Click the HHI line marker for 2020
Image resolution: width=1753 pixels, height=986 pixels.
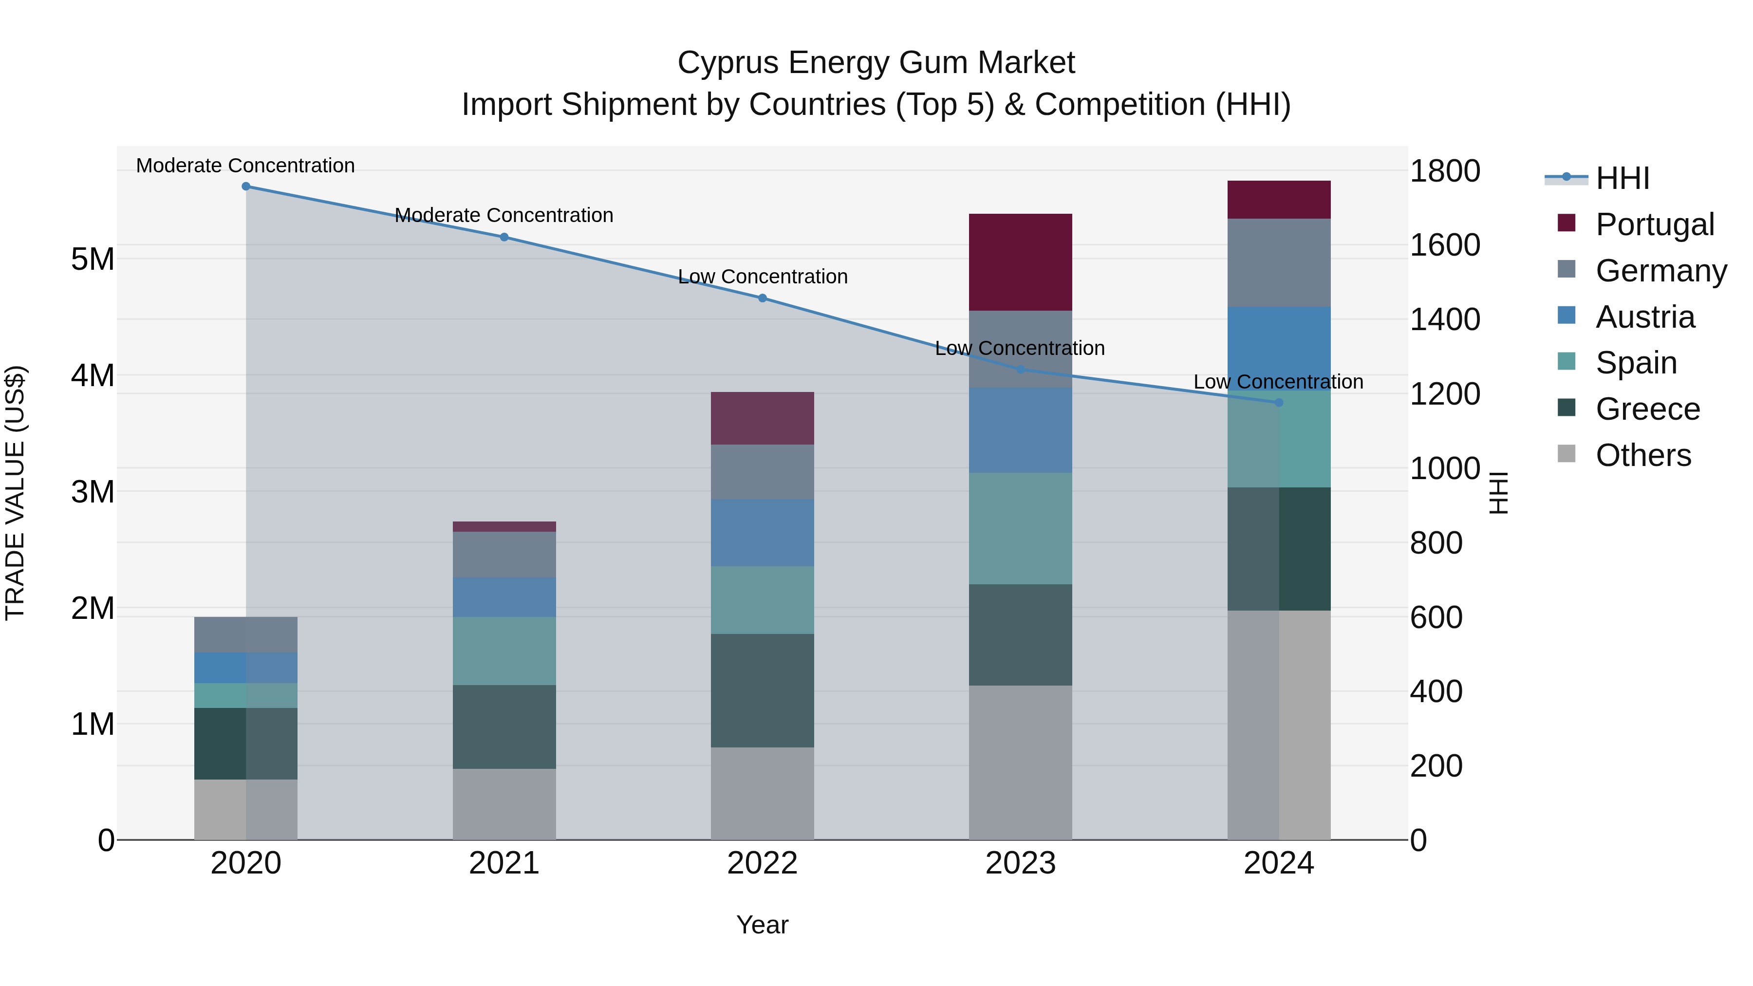pyautogui.click(x=246, y=186)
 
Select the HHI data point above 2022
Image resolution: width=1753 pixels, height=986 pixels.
pyautogui.click(x=762, y=298)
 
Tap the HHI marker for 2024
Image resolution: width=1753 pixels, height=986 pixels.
pyautogui.click(x=1278, y=403)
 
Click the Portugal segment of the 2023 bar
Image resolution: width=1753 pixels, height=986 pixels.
pyautogui.click(x=1020, y=262)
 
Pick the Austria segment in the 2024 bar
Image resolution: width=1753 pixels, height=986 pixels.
pyautogui.click(x=1278, y=349)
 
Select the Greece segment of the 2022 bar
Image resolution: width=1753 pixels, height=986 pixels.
pyautogui.click(x=762, y=690)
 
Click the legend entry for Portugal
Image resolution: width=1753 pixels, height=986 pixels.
pyautogui.click(x=1654, y=224)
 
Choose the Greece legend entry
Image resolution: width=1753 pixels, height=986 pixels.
pyautogui.click(x=1647, y=409)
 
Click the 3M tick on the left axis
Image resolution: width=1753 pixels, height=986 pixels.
pyautogui.click(x=93, y=491)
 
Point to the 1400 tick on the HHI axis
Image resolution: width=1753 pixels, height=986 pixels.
pyautogui.click(x=1444, y=319)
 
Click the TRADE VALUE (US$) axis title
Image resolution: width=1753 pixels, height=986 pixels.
pyautogui.click(x=15, y=493)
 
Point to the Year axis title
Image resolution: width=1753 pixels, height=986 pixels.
pyautogui.click(x=762, y=925)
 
